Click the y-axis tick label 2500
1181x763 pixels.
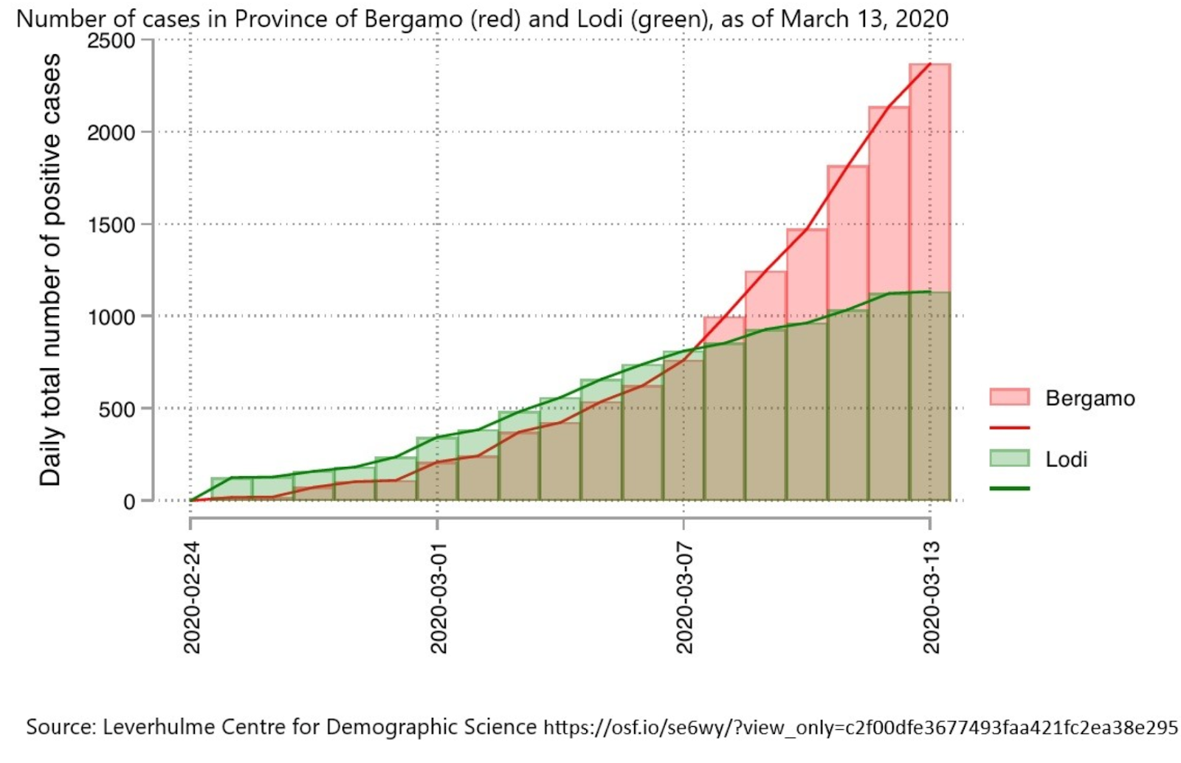coord(111,41)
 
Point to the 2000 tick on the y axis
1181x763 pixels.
coord(111,133)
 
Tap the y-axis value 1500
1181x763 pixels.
coord(111,225)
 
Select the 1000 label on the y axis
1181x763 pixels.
coord(111,317)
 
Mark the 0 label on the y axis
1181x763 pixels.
coord(130,502)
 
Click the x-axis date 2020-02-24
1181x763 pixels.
coord(192,597)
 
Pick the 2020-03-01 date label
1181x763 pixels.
coord(438,597)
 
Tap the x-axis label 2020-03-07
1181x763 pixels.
coord(684,597)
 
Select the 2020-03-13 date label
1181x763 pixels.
coord(931,597)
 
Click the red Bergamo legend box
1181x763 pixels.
coord(1009,397)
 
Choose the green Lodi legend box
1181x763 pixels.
coord(1009,458)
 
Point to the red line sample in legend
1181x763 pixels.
coord(1009,427)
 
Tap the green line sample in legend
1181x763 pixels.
coord(1009,488)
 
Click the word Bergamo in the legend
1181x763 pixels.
coord(1090,399)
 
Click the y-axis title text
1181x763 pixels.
coord(50,269)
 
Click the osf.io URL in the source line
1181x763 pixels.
coord(861,728)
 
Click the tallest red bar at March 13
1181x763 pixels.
coord(930,177)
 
